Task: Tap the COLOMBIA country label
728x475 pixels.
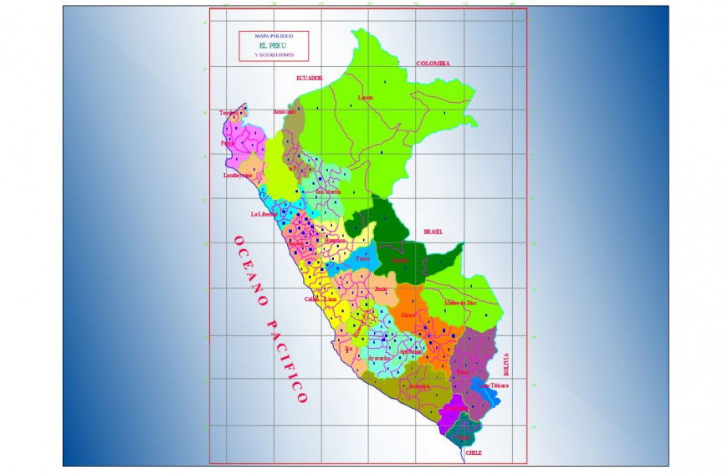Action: (x=433, y=64)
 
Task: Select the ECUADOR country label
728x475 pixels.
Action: (x=309, y=78)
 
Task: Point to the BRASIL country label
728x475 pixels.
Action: (x=433, y=232)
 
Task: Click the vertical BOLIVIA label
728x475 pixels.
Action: (x=505, y=364)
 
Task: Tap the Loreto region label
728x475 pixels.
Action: (x=365, y=98)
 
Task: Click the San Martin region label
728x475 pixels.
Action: (x=328, y=192)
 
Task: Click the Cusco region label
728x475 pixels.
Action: (x=408, y=314)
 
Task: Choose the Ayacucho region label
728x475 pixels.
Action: (x=379, y=358)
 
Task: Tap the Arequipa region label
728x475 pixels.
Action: (x=418, y=386)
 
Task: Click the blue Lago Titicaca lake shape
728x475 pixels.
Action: (x=485, y=390)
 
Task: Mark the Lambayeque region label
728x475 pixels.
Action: (x=237, y=176)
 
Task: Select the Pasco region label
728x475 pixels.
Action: (x=362, y=258)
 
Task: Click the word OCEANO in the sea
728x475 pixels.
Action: (x=252, y=267)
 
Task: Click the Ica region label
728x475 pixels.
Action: (x=348, y=347)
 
